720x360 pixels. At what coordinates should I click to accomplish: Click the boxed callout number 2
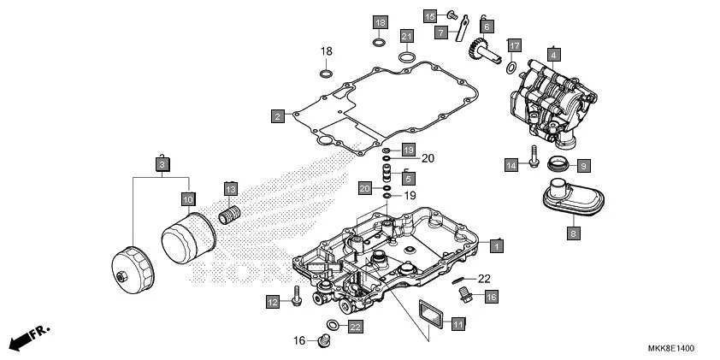pos(277,115)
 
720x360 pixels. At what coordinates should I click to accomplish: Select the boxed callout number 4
pos(554,55)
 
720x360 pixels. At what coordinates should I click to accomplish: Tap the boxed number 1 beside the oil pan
pos(497,245)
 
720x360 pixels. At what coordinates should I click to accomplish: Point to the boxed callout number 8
pos(574,231)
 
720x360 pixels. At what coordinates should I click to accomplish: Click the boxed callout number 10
pos(188,198)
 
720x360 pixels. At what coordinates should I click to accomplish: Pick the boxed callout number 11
pos(458,324)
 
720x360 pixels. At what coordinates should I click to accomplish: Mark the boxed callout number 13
pos(230,188)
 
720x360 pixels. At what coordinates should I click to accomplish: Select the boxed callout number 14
pos(511,164)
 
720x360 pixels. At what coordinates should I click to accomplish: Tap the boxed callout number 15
pos(430,16)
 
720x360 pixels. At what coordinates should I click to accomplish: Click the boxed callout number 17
pos(514,44)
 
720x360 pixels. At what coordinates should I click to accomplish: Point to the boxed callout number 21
pos(408,35)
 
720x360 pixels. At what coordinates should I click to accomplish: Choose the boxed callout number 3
pos(161,162)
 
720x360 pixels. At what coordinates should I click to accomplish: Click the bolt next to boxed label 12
pos(296,295)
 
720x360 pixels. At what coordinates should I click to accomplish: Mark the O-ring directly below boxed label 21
pos(408,58)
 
